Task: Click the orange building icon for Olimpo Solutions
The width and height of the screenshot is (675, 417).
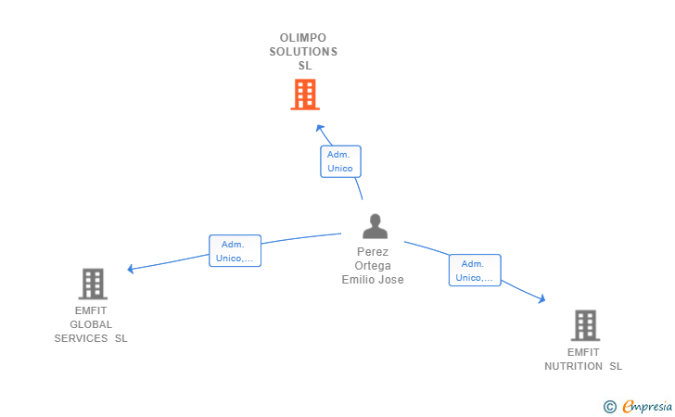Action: tap(304, 95)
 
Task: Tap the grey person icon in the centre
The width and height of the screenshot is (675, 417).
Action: tap(375, 227)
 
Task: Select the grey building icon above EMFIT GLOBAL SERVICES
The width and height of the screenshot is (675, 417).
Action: tap(93, 284)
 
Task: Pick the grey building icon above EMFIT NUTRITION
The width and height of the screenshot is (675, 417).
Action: tap(585, 325)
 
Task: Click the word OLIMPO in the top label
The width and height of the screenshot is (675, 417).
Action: tap(303, 38)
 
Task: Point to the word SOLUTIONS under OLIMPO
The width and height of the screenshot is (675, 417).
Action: tap(303, 52)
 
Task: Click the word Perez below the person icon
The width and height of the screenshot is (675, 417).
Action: tap(373, 252)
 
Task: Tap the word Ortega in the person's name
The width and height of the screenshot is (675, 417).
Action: tap(373, 266)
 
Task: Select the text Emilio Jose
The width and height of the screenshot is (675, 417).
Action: tap(373, 280)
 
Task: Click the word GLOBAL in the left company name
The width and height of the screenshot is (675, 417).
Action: tap(91, 324)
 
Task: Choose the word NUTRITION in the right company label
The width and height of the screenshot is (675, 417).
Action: tap(575, 366)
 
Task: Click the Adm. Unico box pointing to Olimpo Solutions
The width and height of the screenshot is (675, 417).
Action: tap(340, 161)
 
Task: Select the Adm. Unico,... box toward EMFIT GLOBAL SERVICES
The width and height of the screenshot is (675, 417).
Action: tap(235, 250)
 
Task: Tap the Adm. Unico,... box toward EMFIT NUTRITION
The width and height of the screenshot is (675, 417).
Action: tap(475, 271)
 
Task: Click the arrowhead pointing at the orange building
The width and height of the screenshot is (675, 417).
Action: tap(319, 127)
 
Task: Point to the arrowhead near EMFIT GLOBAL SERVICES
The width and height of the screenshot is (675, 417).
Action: tap(131, 270)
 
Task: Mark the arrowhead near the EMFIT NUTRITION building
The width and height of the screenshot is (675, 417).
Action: tap(542, 299)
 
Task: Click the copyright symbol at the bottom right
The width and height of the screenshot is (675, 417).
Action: tap(609, 406)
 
